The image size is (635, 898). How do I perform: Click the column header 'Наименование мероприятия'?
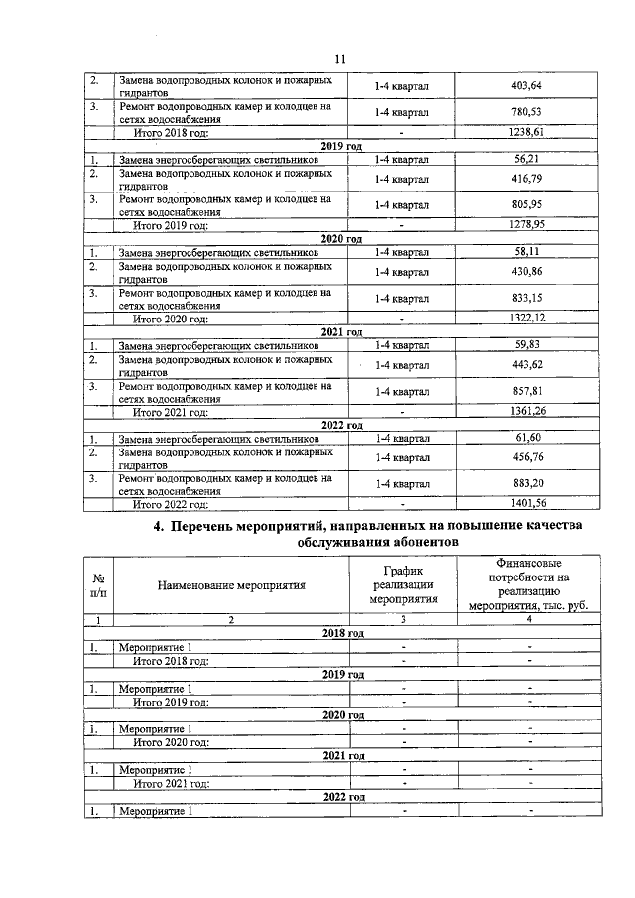(230, 585)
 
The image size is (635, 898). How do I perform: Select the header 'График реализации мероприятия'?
(403, 585)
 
